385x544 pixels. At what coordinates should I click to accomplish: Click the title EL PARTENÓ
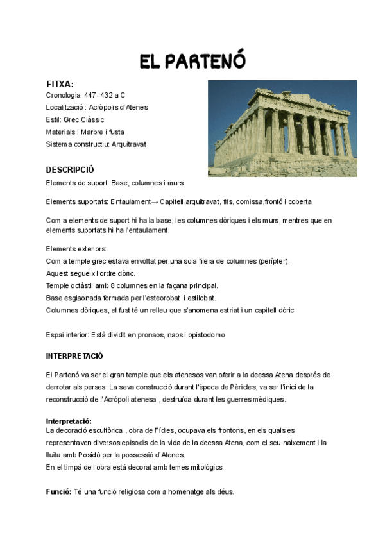[x=193, y=61]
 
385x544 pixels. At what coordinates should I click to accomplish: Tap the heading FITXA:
[x=60, y=84]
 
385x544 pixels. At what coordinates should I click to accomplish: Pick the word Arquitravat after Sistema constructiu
[x=129, y=144]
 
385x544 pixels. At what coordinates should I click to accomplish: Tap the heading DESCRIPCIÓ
[x=70, y=170]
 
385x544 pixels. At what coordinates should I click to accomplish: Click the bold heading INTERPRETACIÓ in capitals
[x=74, y=355]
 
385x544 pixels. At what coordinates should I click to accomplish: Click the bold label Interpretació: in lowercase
[x=69, y=421]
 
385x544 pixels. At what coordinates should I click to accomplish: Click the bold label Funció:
[x=59, y=492]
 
